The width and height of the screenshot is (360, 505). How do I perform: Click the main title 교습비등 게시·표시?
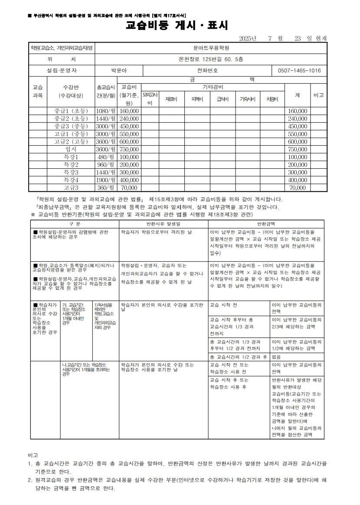coord(177,25)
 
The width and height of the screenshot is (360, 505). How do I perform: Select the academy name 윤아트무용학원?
coord(211,48)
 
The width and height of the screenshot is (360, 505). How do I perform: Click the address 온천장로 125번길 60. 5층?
coord(211,59)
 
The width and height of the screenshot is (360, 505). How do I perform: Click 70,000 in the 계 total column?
coord(298,188)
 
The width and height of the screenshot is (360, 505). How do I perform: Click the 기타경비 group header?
coord(213,87)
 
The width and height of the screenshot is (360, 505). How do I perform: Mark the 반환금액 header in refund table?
coord(266,223)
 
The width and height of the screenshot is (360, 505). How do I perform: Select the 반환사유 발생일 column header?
coord(163,223)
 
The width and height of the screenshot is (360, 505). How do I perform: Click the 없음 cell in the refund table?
coord(276,357)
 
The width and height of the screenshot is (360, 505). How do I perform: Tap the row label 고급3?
coord(71,188)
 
